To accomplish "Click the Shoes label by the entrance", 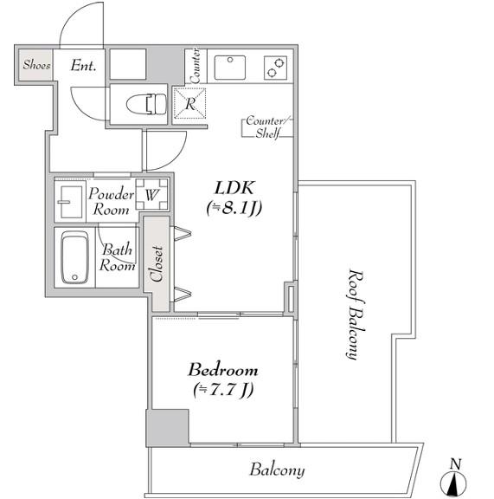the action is (x=36, y=65).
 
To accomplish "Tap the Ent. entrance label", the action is (x=83, y=66).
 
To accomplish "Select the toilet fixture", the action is (x=146, y=104).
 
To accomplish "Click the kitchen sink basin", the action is (x=230, y=68).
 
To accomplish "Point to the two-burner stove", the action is (x=276, y=68).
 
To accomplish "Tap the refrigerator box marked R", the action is (x=189, y=103).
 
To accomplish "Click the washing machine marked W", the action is (x=151, y=194).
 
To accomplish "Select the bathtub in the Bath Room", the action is (x=74, y=257).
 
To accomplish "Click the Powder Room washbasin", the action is (x=70, y=202).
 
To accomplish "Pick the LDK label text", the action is (x=234, y=188).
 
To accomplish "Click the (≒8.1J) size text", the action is (x=234, y=208).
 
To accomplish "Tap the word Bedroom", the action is (x=223, y=370).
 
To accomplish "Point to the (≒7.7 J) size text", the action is (x=223, y=390).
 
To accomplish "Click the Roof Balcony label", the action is (x=355, y=314).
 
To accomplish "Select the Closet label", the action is (x=157, y=264).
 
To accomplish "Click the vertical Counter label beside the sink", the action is (x=196, y=66).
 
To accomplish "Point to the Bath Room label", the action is (x=117, y=257).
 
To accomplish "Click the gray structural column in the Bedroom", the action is (x=168, y=428).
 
